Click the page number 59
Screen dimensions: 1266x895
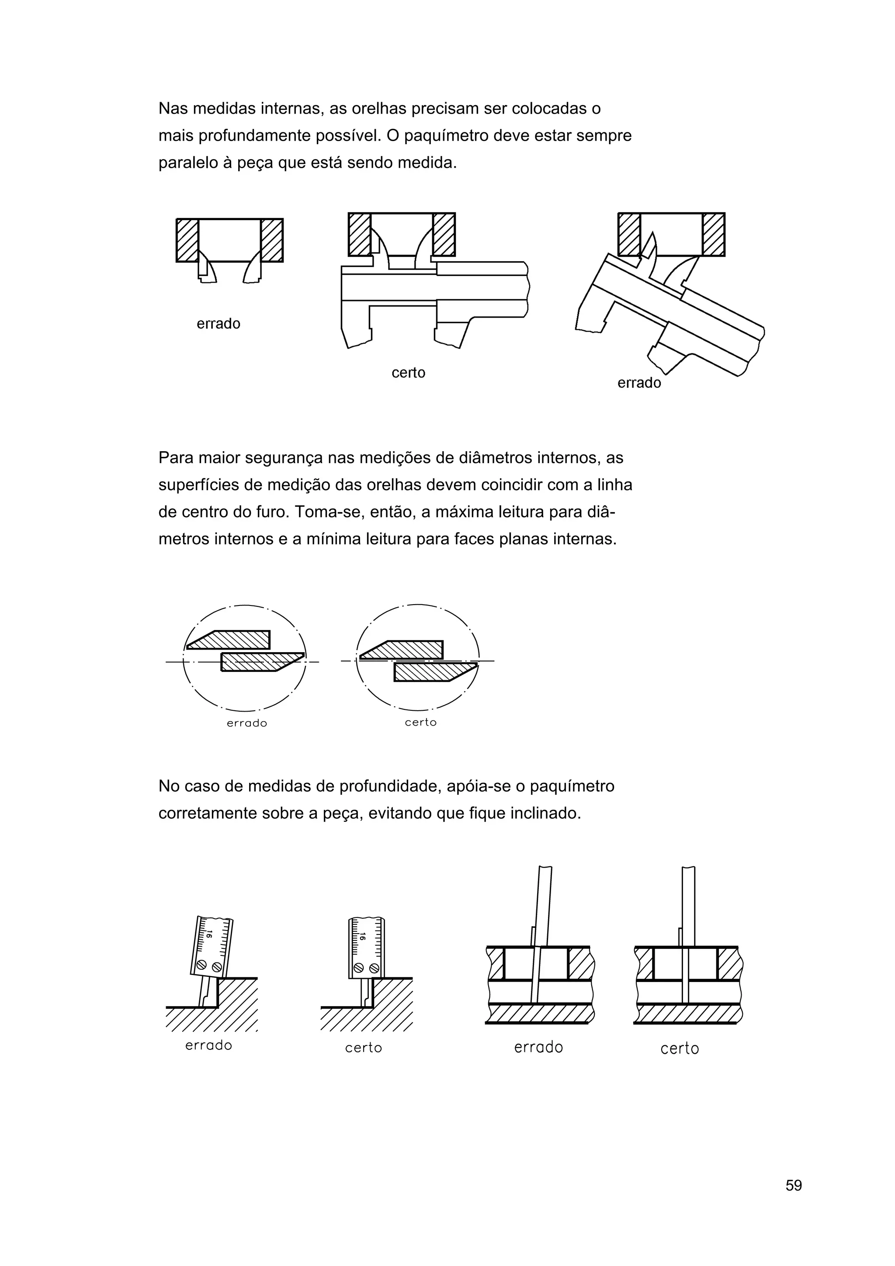pos(794,1200)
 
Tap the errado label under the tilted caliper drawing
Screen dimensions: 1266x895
pos(638,383)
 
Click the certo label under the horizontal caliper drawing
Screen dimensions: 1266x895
pos(408,373)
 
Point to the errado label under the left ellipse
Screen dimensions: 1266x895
pos(246,723)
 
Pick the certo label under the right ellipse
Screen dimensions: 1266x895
pos(420,722)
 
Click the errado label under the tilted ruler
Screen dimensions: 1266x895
pos(208,1045)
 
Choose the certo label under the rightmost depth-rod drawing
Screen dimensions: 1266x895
pos(680,1048)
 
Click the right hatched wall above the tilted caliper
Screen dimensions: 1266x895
pos(714,234)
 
